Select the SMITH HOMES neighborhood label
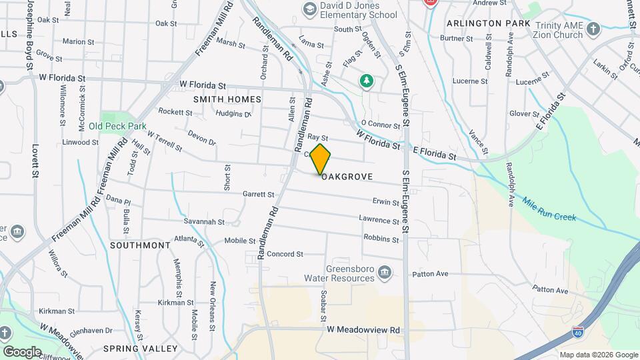[227, 99]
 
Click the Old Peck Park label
[117, 126]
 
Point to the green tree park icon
[366, 81]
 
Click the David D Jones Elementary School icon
[309, 9]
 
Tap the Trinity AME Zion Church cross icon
[593, 29]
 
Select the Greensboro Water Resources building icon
[384, 272]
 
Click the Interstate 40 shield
[576, 332]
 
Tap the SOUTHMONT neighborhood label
[140, 245]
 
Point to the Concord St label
[285, 254]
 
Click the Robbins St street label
[381, 238]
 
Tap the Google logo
[23, 351]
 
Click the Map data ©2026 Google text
[599, 355]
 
